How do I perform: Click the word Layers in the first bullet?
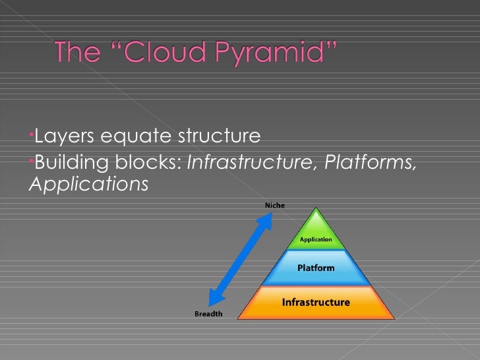(64, 136)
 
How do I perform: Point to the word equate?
(136, 138)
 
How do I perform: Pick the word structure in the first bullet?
(220, 136)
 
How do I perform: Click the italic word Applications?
(88, 185)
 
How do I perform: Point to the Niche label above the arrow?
(275, 205)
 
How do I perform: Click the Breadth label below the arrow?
(208, 314)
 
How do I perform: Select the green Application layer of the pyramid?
(316, 238)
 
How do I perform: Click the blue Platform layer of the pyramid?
(316, 268)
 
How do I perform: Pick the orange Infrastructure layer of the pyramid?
(316, 303)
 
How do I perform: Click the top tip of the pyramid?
(316, 209)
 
